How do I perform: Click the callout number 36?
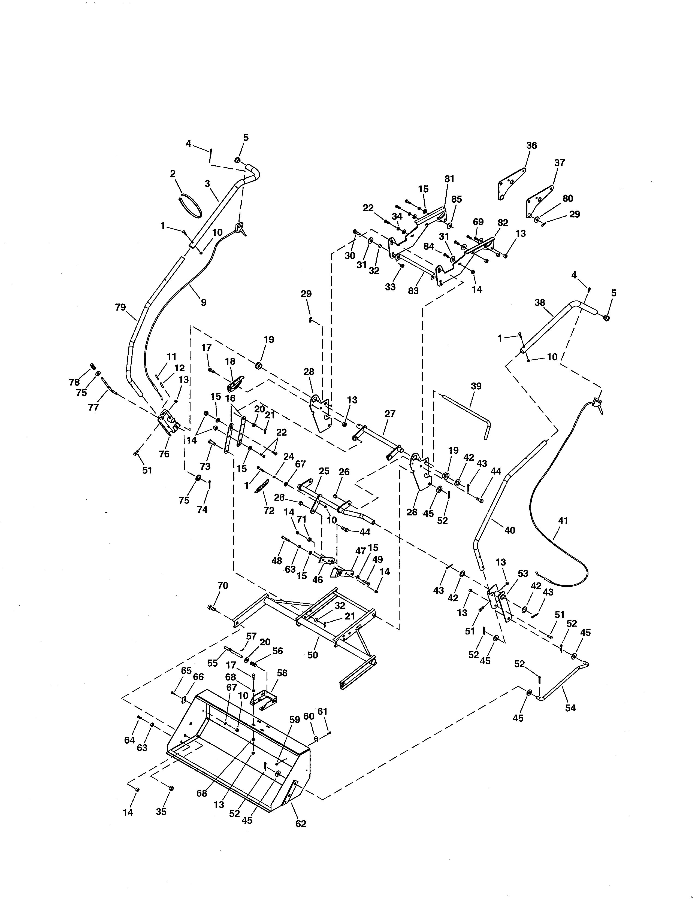point(531,145)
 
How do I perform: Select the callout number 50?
point(313,655)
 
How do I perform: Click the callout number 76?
point(164,454)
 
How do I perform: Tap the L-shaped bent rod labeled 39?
point(467,417)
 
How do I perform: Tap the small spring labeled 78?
point(93,366)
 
